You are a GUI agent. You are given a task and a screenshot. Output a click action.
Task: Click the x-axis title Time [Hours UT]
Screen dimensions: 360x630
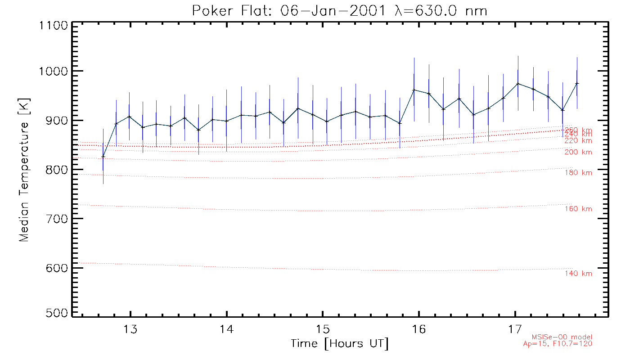[x=340, y=344]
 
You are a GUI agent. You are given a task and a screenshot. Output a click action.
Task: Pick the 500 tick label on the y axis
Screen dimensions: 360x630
[x=55, y=313]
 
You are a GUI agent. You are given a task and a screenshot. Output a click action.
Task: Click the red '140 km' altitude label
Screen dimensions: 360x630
[x=578, y=274]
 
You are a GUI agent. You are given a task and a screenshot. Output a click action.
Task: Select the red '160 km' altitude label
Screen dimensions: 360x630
[x=578, y=209]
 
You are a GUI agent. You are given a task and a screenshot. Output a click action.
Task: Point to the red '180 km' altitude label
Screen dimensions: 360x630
[x=578, y=173]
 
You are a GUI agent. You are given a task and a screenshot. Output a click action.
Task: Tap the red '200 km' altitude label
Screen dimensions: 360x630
[x=578, y=152]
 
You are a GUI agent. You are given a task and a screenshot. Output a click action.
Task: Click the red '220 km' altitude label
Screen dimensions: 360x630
[x=578, y=141]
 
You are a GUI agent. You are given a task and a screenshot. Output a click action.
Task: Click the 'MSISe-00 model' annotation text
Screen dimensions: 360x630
[x=562, y=337]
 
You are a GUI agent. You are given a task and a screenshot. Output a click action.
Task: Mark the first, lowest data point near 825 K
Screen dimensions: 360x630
[x=103, y=157]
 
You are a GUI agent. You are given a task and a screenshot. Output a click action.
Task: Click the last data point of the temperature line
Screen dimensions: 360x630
[x=577, y=83]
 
